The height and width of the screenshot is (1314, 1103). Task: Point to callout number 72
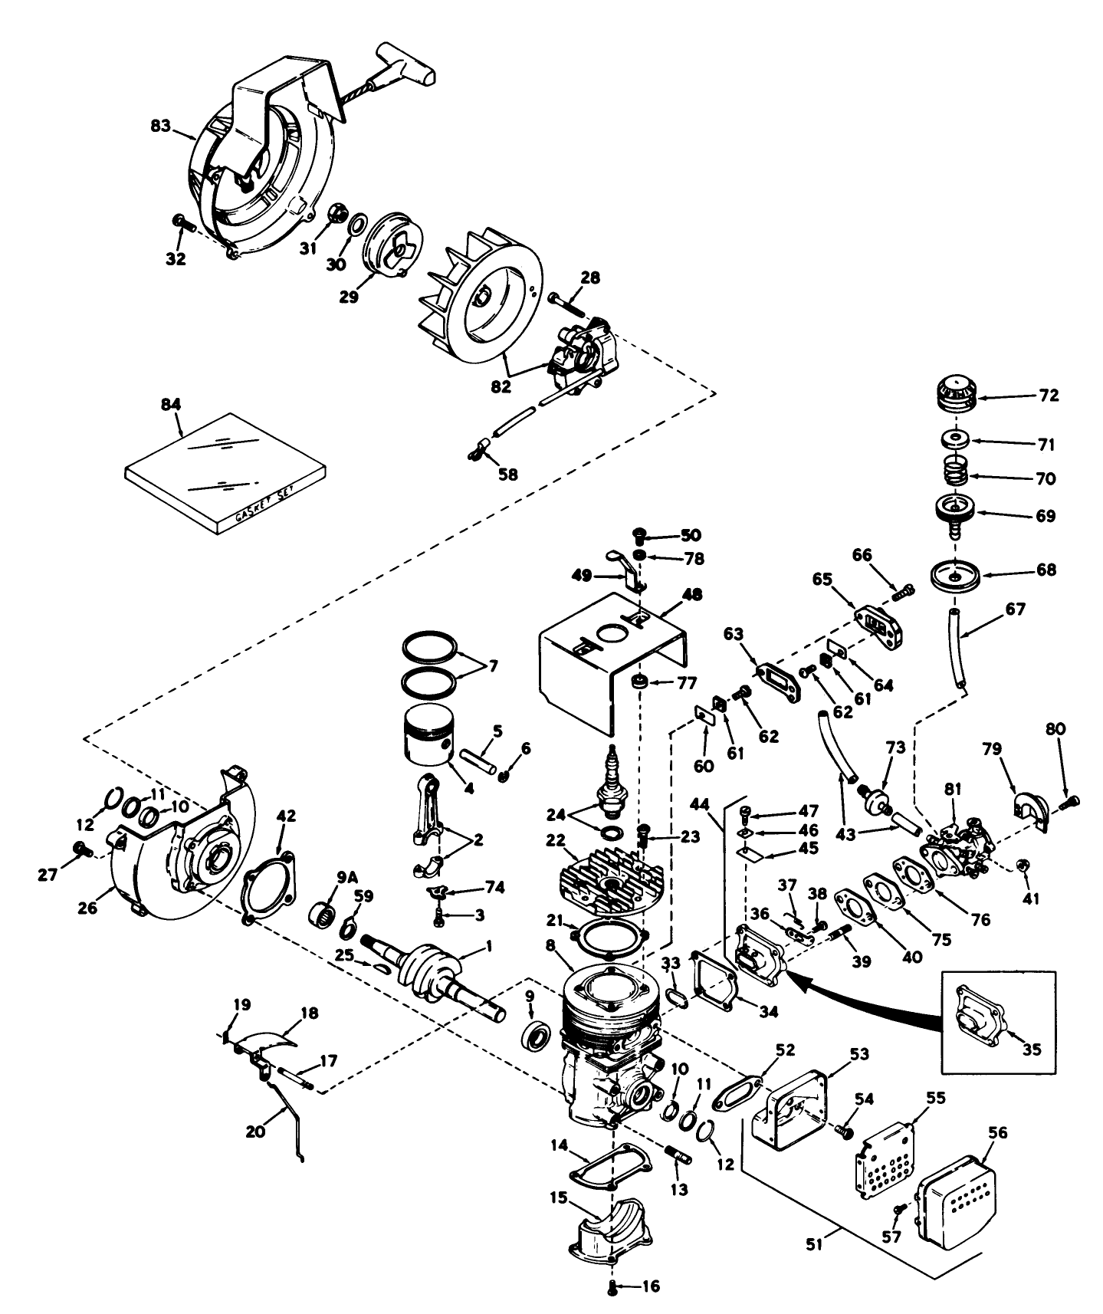coord(1049,396)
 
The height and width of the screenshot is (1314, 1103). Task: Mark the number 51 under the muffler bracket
coord(814,1245)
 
